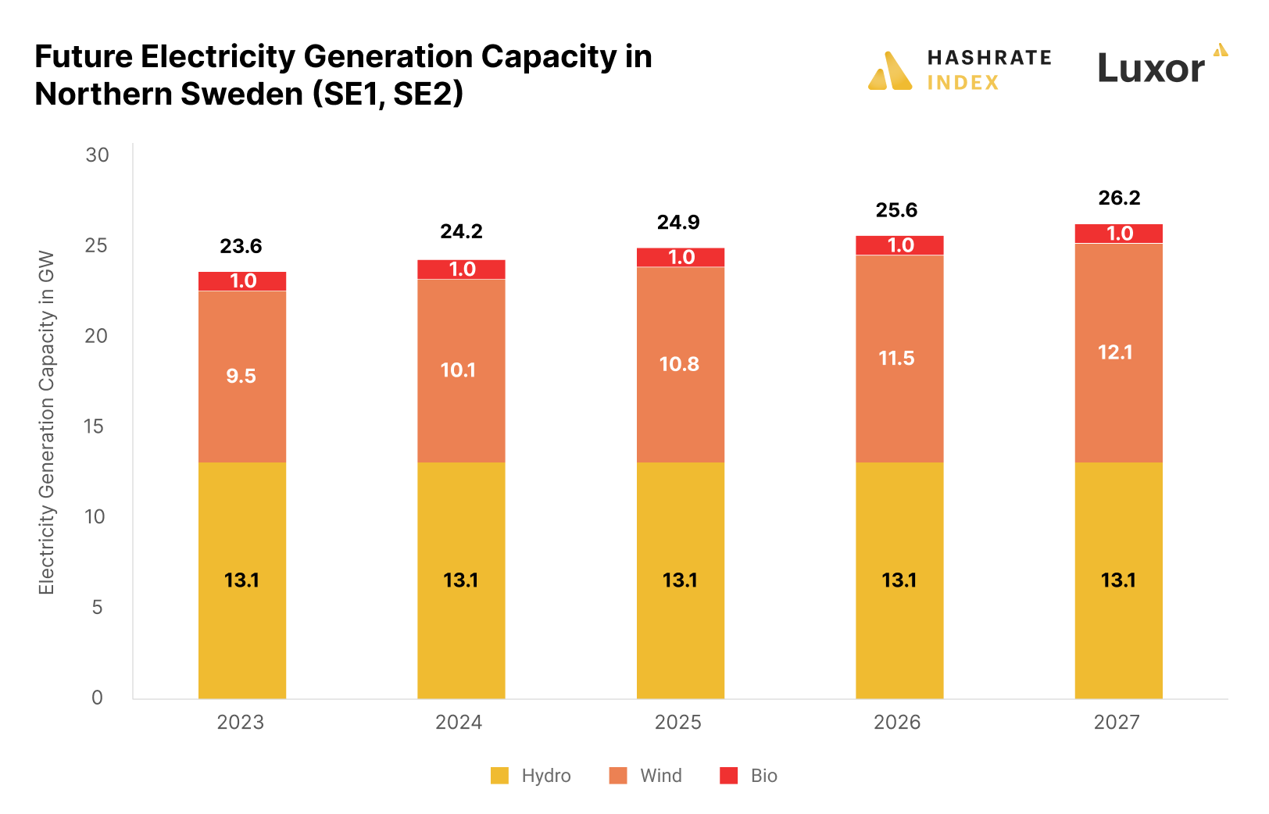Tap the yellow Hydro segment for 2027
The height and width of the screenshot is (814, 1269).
[x=1118, y=625]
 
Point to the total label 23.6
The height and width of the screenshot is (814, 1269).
[x=241, y=247]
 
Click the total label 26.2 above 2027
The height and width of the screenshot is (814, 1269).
[x=1119, y=198]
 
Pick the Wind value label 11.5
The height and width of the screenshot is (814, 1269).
[x=896, y=359]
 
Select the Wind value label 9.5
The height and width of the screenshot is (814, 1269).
[x=241, y=377]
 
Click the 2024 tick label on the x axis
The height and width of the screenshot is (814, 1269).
[x=459, y=723]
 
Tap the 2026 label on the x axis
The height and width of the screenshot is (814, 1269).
[x=897, y=723]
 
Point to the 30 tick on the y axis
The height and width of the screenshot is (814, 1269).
[x=98, y=155]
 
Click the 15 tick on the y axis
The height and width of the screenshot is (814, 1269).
[x=95, y=427]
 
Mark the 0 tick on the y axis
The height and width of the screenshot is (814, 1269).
[x=98, y=698]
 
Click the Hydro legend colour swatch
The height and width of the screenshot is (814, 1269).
[x=499, y=776]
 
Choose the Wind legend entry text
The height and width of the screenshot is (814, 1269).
[x=661, y=776]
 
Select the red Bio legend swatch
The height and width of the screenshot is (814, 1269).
[x=728, y=776]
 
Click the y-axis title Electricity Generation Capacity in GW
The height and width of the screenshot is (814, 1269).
[x=47, y=423]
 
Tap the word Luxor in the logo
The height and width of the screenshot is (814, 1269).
[x=1151, y=69]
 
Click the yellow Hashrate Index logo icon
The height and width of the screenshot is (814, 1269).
[x=890, y=71]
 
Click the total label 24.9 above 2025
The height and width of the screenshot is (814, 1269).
[x=678, y=223]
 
